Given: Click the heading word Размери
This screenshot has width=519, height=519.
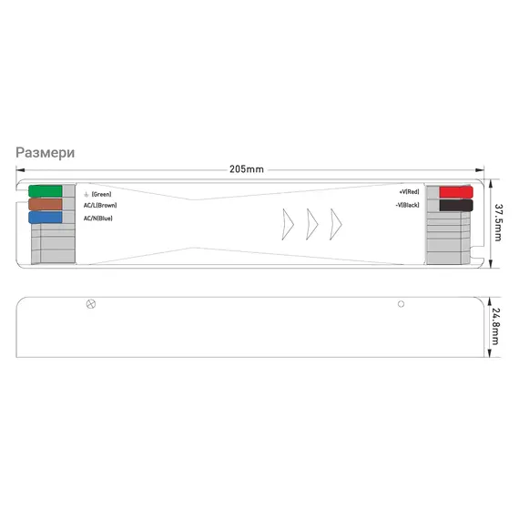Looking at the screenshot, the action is (x=46, y=153).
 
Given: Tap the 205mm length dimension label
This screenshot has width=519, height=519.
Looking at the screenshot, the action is (x=247, y=169).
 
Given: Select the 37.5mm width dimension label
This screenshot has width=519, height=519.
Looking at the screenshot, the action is (x=498, y=222).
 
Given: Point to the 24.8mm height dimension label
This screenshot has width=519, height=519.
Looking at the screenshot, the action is (x=495, y=326).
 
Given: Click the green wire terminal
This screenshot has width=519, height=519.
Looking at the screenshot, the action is (x=46, y=191).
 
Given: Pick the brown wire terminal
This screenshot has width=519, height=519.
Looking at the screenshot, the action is (x=46, y=204).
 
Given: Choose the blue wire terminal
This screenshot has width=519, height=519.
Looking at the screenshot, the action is (x=46, y=218).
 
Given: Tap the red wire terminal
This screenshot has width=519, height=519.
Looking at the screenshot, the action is (x=456, y=192).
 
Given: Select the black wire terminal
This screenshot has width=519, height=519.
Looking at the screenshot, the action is (x=456, y=205).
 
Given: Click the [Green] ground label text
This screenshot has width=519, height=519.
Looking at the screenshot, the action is (x=101, y=194).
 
